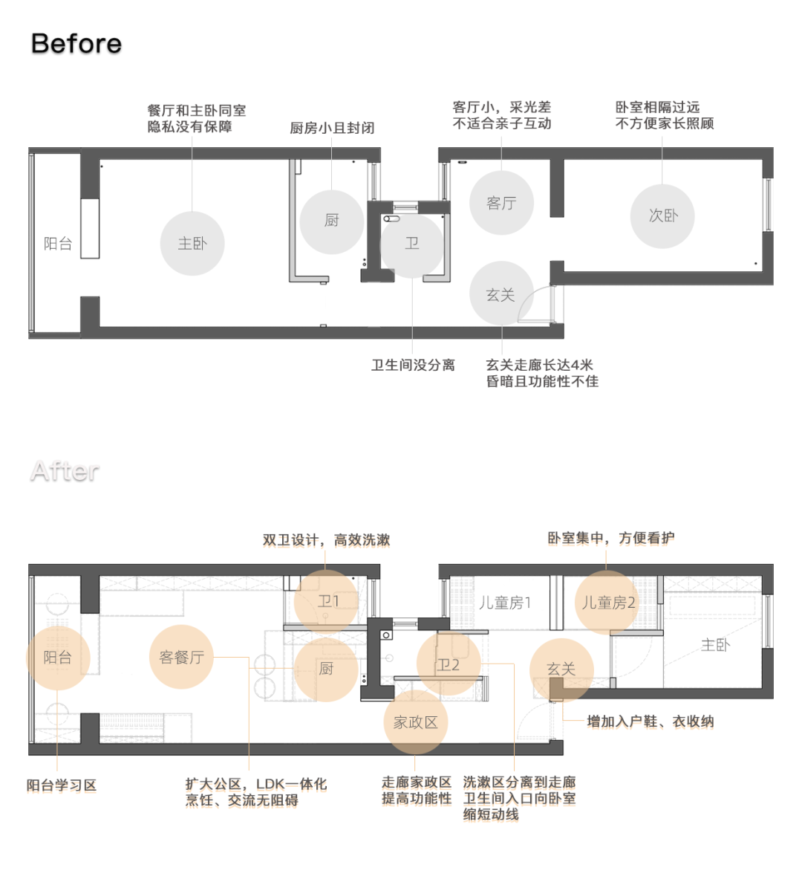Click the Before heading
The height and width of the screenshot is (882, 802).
tap(76, 44)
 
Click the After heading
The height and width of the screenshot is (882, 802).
tap(65, 471)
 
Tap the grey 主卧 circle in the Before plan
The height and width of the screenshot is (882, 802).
tap(192, 244)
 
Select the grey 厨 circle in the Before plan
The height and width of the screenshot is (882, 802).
tap(332, 221)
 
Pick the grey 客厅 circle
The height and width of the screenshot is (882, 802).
tap(501, 203)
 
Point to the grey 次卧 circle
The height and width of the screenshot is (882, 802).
tap(662, 215)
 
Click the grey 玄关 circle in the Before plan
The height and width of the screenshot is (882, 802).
tap(501, 294)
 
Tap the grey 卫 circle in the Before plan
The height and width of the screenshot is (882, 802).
tap(412, 244)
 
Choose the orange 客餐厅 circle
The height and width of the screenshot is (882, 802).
tap(181, 657)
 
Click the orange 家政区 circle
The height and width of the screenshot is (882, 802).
tap(416, 722)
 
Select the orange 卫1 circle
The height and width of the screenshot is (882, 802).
tap(327, 601)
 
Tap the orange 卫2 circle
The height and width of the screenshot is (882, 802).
tap(449, 664)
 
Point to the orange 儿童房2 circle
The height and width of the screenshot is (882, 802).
tap(607, 603)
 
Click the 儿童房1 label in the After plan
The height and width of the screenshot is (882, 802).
tap(505, 603)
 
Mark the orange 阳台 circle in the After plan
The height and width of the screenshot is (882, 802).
tap(58, 658)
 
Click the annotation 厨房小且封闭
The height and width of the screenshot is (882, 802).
tap(332, 128)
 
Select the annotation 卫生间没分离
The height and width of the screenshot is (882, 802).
tap(413, 365)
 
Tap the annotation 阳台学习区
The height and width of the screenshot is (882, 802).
tap(62, 785)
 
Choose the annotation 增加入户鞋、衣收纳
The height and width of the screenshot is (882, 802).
tap(651, 721)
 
